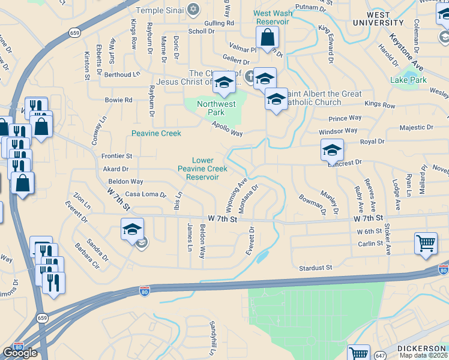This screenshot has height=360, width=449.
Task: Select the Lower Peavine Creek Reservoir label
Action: (202, 169)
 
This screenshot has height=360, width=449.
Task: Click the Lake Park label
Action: (408, 80)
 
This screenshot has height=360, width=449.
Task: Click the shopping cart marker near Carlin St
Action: (426, 244)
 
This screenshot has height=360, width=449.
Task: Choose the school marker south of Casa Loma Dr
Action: (132, 229)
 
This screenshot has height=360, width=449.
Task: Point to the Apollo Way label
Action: (227, 128)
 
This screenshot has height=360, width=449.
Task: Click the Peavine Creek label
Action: (156, 133)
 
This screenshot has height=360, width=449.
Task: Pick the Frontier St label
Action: (116, 156)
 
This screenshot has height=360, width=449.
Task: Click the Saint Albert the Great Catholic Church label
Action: (324, 98)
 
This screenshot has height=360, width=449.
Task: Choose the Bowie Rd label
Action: (118, 100)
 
